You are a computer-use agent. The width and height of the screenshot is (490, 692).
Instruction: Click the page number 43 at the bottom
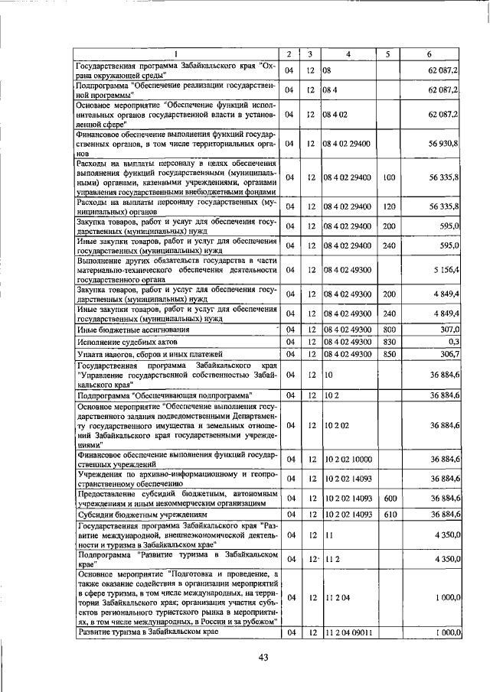click(263, 658)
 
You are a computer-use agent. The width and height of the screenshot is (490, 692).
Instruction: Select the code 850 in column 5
click(389, 354)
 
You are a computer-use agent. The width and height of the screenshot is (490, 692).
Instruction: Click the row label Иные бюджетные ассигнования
click(122, 329)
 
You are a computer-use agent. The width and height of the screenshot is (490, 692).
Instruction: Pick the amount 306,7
click(446, 354)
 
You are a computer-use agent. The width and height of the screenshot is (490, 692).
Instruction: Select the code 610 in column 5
click(389, 514)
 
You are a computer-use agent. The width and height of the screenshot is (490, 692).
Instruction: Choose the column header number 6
click(430, 54)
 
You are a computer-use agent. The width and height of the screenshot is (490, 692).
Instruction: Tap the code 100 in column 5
click(389, 177)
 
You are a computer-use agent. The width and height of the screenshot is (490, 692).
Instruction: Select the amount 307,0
click(448, 329)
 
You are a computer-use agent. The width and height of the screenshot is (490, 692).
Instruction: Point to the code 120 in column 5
click(389, 206)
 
